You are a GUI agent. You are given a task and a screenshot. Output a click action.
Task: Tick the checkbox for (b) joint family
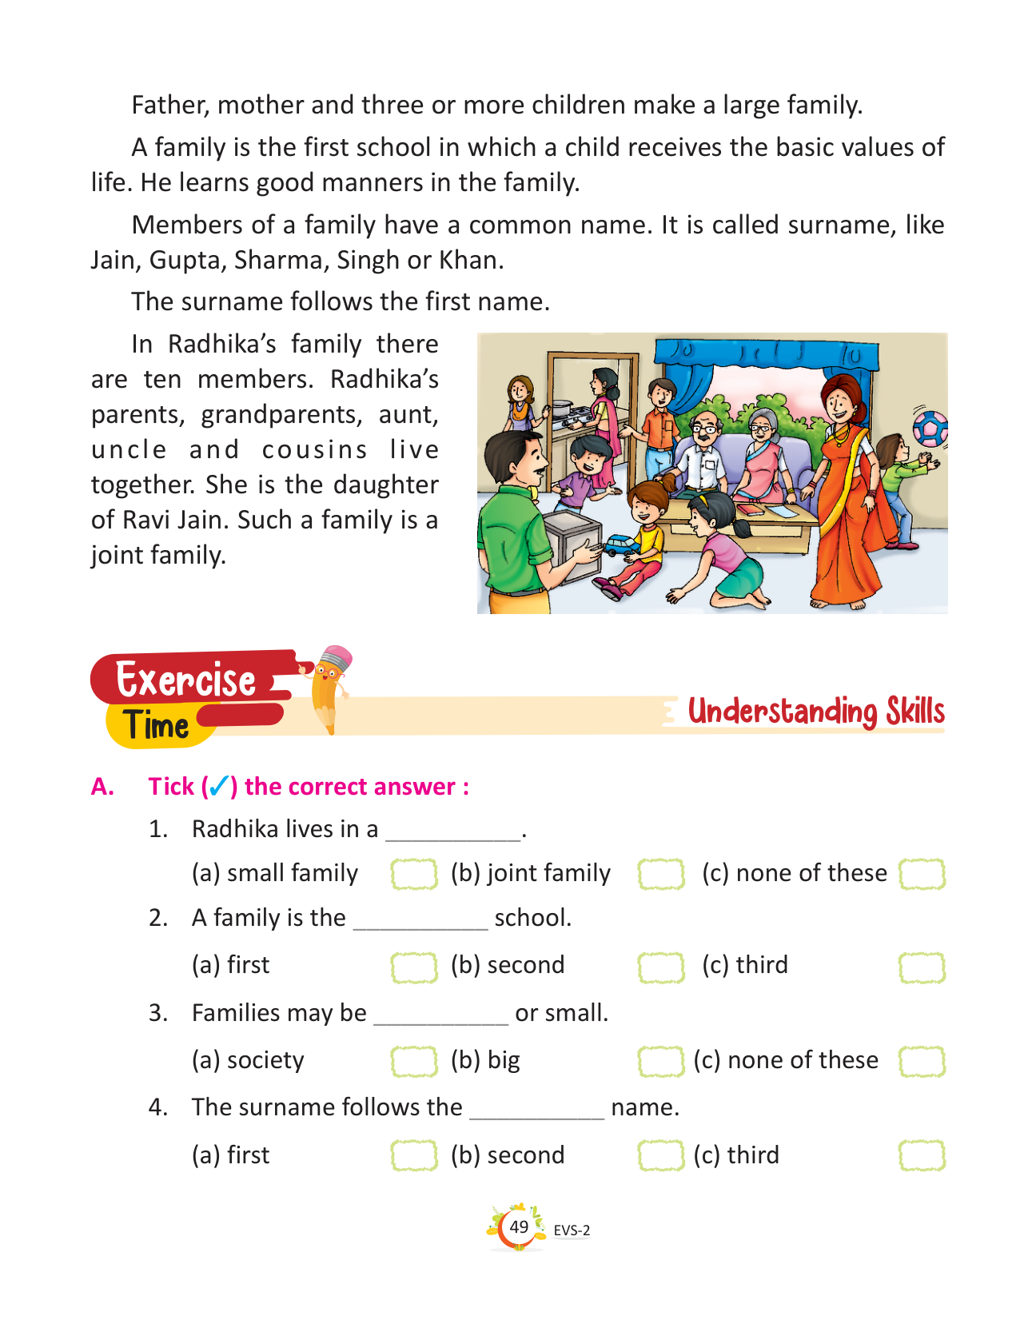661,874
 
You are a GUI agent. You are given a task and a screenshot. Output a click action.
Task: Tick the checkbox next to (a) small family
414,874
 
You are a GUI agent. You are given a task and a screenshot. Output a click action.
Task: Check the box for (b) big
661,1062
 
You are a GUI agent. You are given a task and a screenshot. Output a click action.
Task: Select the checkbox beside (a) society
414,1062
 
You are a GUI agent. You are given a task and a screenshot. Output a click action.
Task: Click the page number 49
519,1226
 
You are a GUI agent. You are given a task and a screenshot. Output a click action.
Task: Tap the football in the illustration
930,429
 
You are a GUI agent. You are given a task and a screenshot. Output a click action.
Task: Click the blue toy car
618,545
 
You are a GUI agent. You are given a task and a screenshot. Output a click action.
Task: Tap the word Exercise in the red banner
185,680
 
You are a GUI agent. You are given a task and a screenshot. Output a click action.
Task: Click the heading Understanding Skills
816,711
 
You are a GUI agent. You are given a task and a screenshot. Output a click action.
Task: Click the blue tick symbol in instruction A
219,787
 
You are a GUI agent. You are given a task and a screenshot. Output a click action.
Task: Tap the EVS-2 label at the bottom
572,1230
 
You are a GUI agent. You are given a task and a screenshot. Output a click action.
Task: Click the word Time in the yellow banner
157,726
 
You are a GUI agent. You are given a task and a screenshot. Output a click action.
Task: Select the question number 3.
158,1013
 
